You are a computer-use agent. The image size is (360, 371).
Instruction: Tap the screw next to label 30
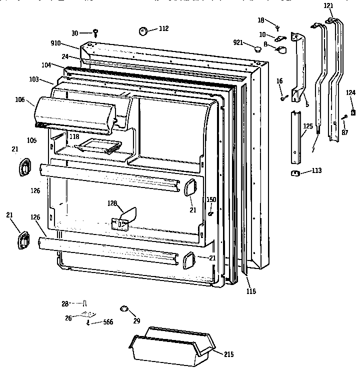point(95,32)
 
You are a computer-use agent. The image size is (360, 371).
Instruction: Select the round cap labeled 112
point(143,31)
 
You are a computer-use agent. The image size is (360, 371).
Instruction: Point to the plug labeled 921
point(258,48)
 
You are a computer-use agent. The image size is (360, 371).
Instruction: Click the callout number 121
point(328,5)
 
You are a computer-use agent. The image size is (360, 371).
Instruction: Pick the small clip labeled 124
point(353,111)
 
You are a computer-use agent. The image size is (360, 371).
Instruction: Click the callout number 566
point(107,323)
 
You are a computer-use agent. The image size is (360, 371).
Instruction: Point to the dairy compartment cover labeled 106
point(75,114)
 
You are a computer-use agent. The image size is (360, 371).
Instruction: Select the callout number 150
point(211,199)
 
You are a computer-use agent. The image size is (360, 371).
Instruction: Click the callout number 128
point(113,203)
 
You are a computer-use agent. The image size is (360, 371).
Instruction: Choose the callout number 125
point(308,126)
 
